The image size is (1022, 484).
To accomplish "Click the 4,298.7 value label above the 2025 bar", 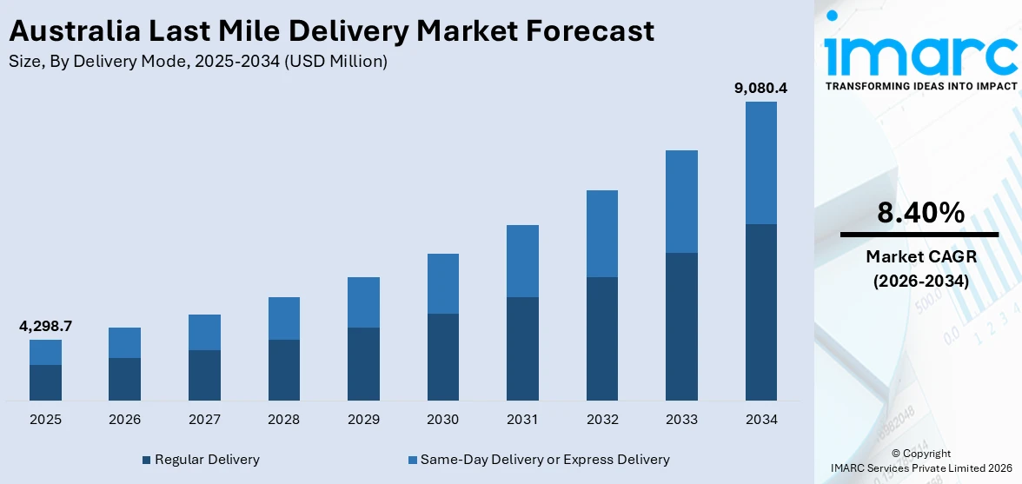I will [45, 327].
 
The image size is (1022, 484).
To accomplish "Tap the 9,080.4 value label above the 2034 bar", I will [761, 88].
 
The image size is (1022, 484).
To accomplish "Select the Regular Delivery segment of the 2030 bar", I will [442, 356].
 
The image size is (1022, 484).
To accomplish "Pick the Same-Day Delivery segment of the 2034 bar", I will [761, 162].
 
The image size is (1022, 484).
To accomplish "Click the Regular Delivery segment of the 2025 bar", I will [45, 382].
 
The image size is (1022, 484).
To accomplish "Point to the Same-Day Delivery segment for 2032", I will [602, 234].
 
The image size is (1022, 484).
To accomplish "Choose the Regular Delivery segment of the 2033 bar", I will [681, 326].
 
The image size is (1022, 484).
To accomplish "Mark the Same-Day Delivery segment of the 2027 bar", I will [204, 332].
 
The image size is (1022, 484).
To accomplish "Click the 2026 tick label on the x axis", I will [125, 420].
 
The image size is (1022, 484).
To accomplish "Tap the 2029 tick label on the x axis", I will [363, 420].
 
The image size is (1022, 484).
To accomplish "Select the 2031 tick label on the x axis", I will [522, 420].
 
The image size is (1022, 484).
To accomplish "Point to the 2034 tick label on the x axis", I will [761, 420].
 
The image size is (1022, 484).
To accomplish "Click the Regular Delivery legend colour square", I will [147, 460].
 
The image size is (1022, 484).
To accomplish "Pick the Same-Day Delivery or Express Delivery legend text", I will [545, 459].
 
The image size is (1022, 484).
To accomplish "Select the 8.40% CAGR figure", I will [919, 213].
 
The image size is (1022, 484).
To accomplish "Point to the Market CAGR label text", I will [919, 256].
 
